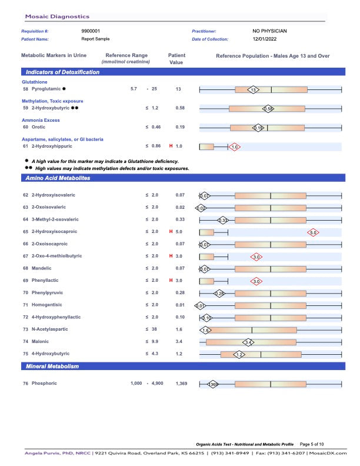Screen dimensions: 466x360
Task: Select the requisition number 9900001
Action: [x=91, y=31]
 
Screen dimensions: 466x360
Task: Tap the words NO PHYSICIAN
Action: [x=269, y=31]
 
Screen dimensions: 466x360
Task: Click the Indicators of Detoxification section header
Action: [x=62, y=72]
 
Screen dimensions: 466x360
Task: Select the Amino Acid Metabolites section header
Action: [x=58, y=178]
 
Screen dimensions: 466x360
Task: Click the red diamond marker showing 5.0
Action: [x=313, y=232]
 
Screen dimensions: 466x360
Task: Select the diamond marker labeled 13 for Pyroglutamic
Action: [x=252, y=89]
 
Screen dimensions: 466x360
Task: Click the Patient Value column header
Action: [x=176, y=59]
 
